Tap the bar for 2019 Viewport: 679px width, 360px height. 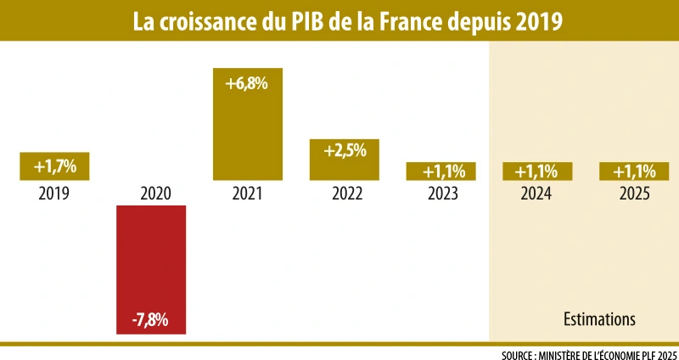54,166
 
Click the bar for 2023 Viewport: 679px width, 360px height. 441,172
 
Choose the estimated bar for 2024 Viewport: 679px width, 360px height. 538,172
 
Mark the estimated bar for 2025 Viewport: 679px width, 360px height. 635,172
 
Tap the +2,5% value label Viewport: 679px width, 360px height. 345,151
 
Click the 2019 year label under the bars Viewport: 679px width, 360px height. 54,194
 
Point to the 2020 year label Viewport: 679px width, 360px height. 151,194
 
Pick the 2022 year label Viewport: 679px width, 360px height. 345,194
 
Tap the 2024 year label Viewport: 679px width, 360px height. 538,194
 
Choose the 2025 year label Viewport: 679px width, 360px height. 635,194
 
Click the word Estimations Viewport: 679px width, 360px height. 600,320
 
